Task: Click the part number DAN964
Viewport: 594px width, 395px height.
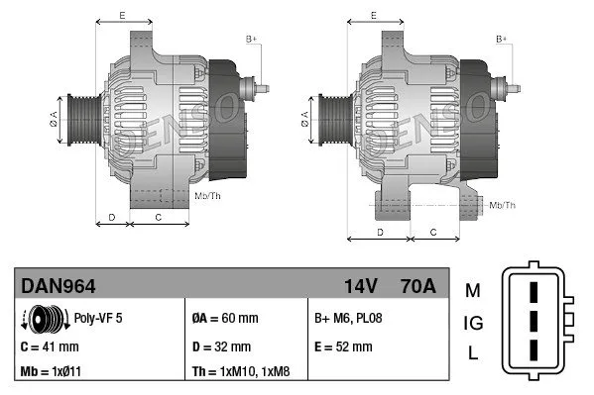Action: [59, 287]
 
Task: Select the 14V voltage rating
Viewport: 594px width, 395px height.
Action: [360, 287]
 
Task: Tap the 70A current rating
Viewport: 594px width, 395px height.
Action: [415, 287]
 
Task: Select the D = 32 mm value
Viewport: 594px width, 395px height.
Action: [223, 346]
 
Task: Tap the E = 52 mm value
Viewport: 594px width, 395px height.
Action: [343, 346]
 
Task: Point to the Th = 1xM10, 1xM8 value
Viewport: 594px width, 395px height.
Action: [241, 373]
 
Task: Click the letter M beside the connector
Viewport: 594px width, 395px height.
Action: [472, 290]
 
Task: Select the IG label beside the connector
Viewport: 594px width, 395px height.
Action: [473, 322]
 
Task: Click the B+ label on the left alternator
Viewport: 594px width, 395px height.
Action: [251, 38]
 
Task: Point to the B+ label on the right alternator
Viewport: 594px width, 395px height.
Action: [501, 38]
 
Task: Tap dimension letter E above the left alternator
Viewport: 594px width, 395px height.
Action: [121, 15]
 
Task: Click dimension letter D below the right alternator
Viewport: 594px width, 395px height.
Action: [380, 231]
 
